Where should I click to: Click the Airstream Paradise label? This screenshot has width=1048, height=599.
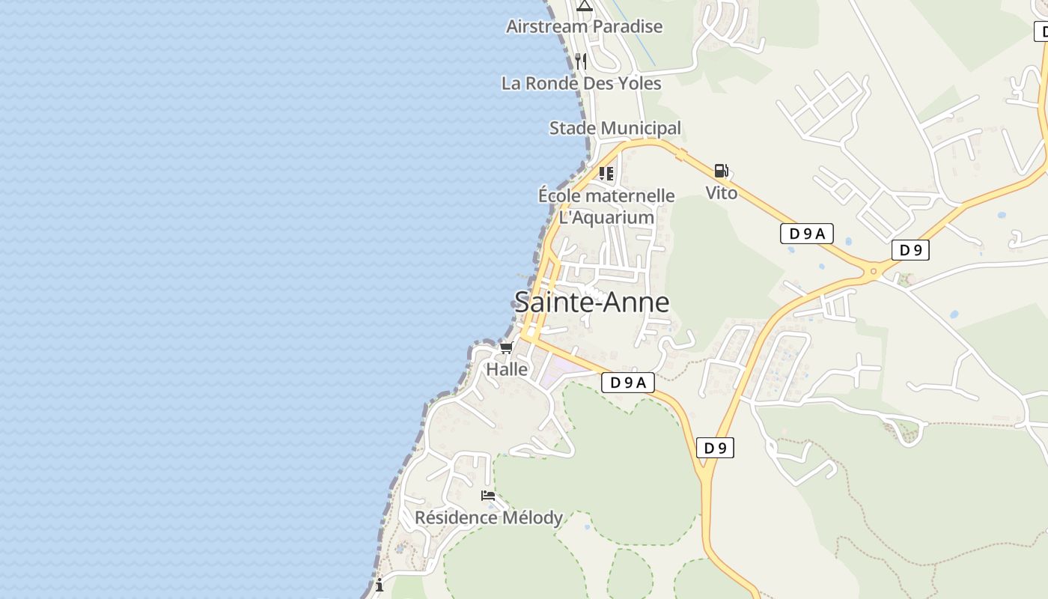coord(584,27)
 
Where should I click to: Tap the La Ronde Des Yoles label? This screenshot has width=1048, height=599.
coord(581,83)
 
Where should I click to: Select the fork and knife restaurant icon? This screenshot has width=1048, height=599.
coord(581,61)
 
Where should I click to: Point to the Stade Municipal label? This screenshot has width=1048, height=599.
coord(615,128)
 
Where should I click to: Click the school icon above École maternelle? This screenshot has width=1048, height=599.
coord(606,174)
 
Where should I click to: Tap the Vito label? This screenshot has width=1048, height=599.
coord(721,193)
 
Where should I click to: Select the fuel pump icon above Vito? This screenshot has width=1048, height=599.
coord(721,171)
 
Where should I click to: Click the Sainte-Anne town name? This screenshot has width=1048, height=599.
coord(591,302)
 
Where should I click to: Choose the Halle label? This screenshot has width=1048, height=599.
coord(507,370)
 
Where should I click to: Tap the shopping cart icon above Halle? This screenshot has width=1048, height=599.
coord(507,347)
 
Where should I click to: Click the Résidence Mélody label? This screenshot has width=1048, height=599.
coord(488,517)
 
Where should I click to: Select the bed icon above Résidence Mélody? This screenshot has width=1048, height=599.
coord(488,495)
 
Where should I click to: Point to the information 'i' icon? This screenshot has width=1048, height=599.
coord(380,585)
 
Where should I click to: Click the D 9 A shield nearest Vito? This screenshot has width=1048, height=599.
coord(806,234)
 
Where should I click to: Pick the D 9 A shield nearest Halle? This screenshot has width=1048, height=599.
coord(627,383)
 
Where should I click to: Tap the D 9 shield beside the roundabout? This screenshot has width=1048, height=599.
coord(910,250)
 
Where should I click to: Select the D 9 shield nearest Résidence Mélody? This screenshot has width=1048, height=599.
coord(715,448)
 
